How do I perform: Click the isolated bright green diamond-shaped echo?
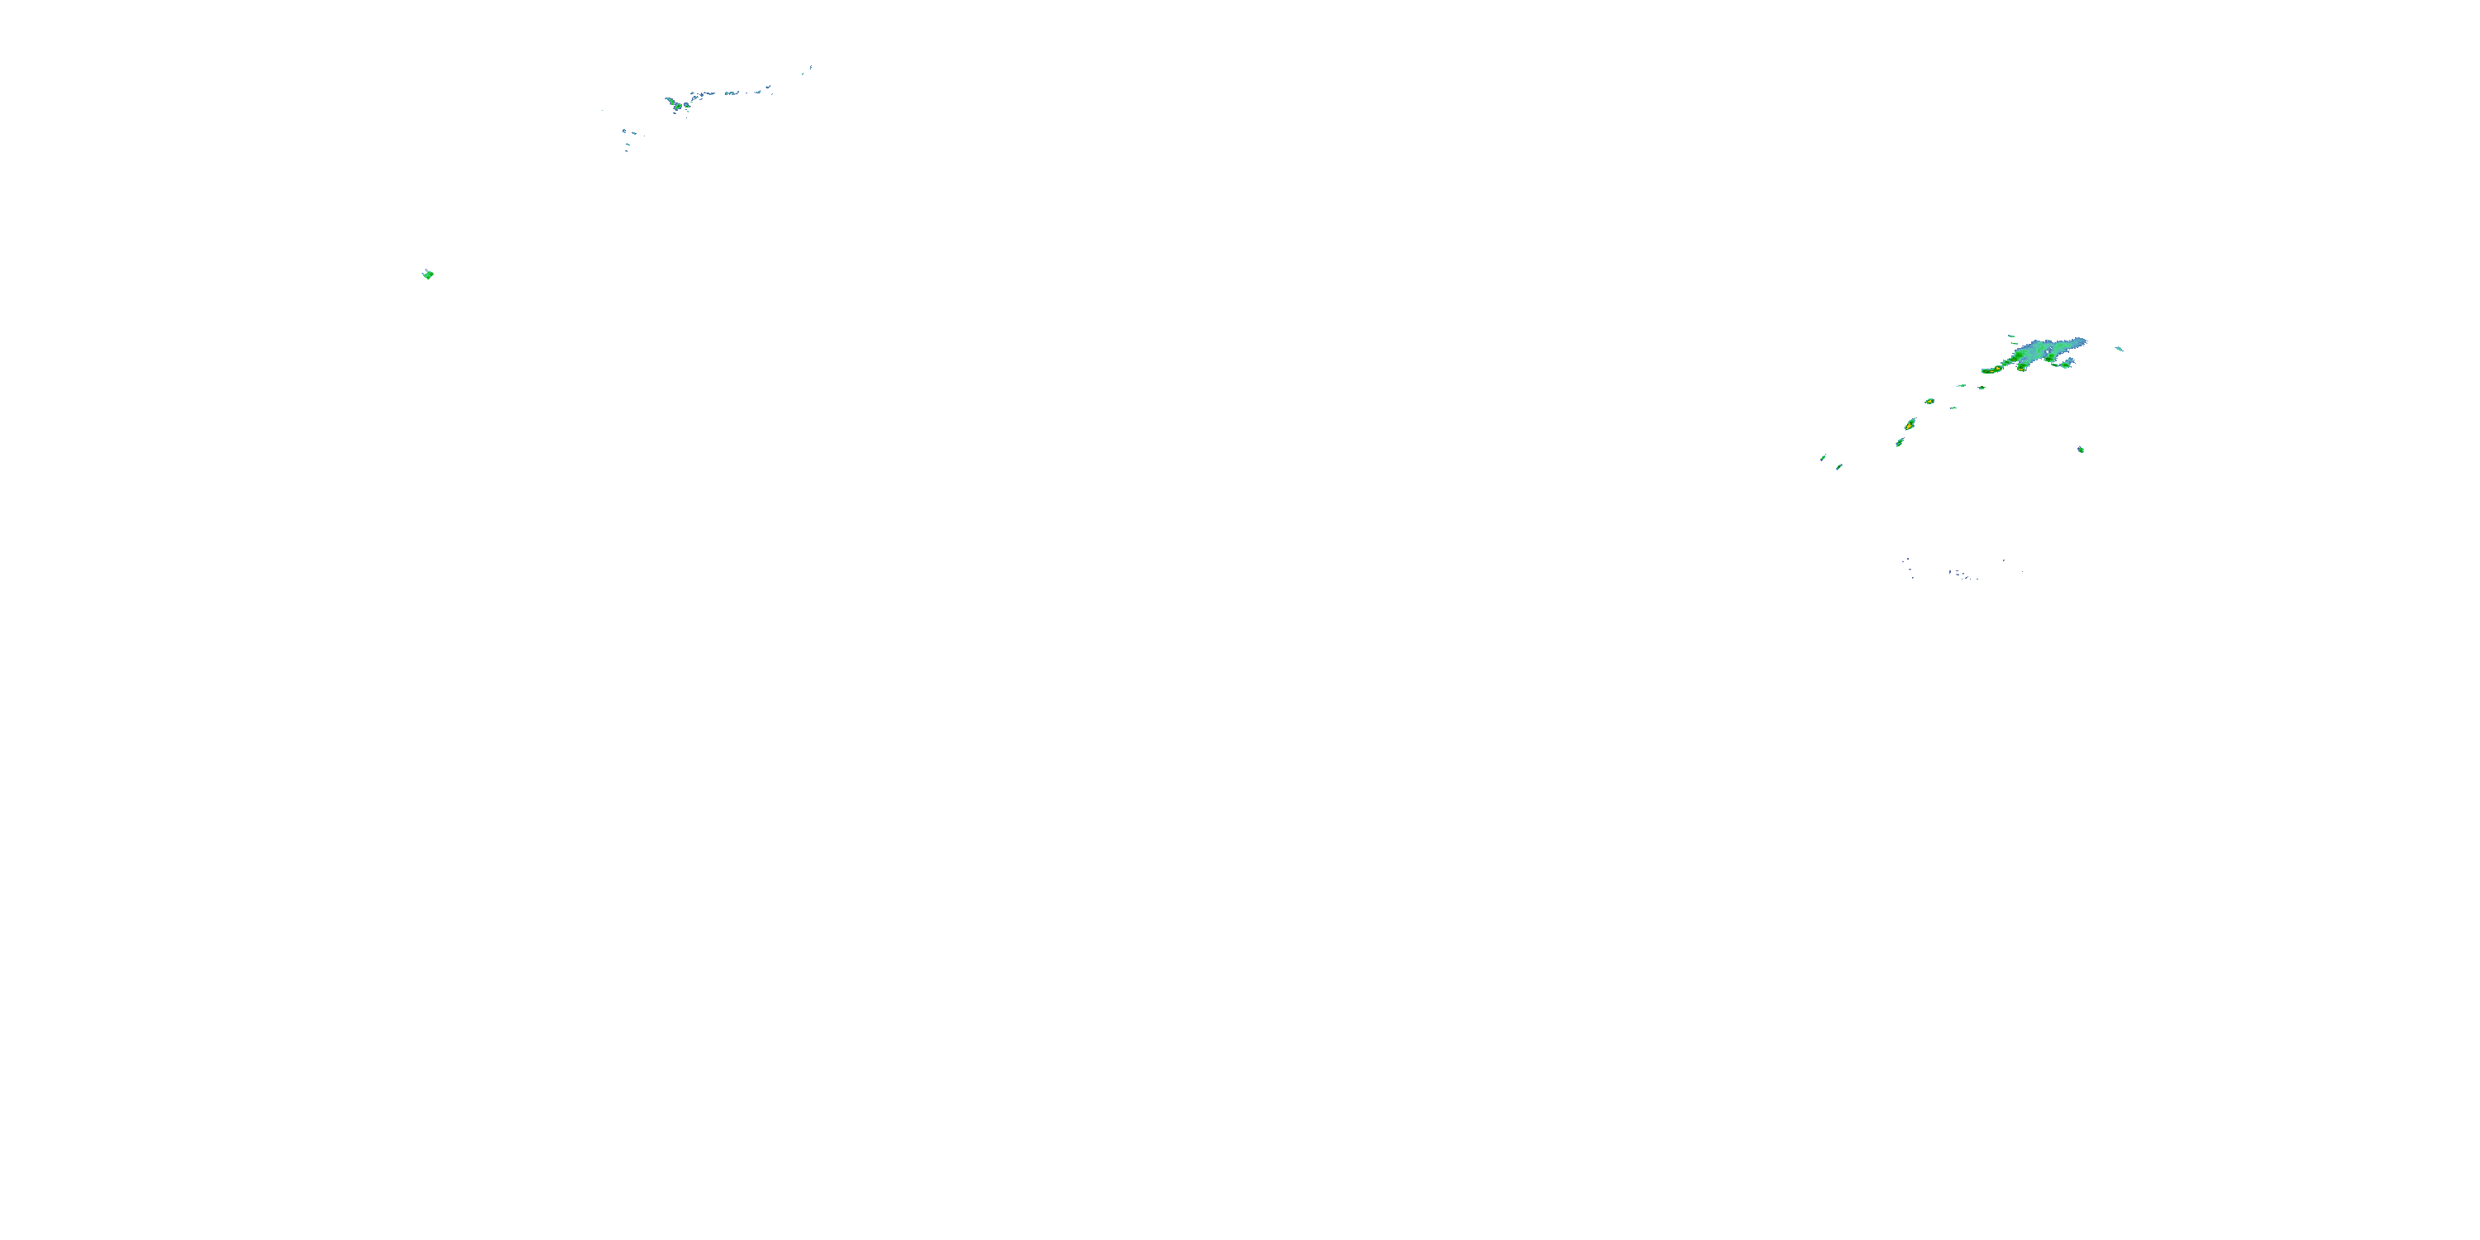(x=428, y=274)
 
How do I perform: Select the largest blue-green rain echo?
(x=2041, y=351)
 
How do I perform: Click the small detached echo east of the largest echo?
(x=2118, y=349)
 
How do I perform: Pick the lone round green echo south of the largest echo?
(x=2081, y=450)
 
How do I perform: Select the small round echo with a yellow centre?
(x=1929, y=402)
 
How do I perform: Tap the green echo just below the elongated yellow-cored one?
(x=1900, y=443)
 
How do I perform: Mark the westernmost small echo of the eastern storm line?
(x=1823, y=458)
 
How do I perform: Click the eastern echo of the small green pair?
(x=1982, y=388)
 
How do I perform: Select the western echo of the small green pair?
(x=1961, y=386)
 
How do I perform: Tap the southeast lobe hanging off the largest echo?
(x=2066, y=364)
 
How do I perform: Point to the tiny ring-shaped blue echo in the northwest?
(x=625, y=132)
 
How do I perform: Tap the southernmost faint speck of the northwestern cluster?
(x=627, y=150)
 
